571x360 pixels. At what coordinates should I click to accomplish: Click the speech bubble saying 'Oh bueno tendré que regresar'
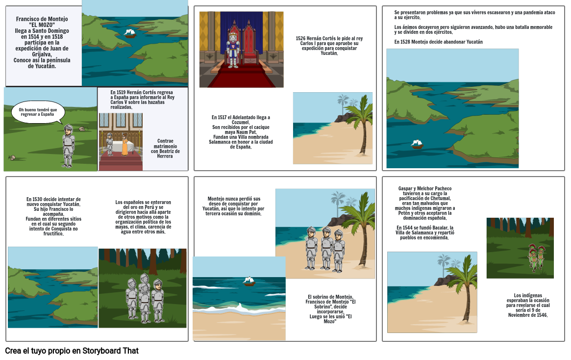[x=38, y=112]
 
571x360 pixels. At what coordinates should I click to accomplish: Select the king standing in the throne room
[x=233, y=50]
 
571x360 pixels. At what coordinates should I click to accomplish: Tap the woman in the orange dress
[x=124, y=144]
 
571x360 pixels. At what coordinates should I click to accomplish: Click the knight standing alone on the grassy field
[x=68, y=146]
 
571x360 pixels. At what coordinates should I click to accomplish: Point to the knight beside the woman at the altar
[x=110, y=144]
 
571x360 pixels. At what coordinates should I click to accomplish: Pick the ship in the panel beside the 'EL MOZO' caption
[x=129, y=33]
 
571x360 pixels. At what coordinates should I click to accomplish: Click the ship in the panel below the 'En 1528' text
[x=417, y=144]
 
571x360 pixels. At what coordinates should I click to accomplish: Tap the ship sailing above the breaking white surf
[x=249, y=281]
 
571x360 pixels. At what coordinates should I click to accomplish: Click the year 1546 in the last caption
[x=541, y=315]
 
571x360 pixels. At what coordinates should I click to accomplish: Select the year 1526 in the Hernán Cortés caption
[x=300, y=39]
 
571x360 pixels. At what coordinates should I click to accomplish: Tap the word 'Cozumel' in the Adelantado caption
[x=240, y=123]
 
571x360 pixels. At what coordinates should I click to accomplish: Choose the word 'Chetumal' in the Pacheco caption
[x=441, y=199]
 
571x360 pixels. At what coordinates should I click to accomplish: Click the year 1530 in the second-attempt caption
[x=37, y=199]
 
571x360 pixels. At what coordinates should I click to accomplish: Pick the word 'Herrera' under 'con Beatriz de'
[x=165, y=156]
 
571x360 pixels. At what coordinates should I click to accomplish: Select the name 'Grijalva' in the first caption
[x=42, y=54]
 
